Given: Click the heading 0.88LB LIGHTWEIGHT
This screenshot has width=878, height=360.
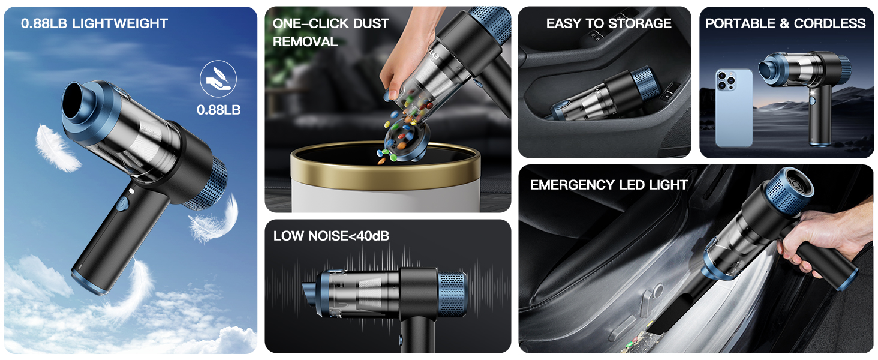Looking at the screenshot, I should (x=94, y=24).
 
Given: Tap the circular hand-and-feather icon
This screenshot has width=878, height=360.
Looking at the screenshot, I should (x=218, y=79).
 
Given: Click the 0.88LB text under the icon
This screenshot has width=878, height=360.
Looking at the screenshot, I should (x=218, y=110).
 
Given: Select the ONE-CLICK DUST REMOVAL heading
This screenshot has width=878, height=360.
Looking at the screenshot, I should (x=330, y=32).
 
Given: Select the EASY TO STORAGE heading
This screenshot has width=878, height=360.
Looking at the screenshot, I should (x=608, y=24).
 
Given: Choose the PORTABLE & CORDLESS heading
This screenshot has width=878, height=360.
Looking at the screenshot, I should (x=785, y=24).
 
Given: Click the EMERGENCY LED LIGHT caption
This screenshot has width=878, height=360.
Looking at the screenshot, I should (x=608, y=185).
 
